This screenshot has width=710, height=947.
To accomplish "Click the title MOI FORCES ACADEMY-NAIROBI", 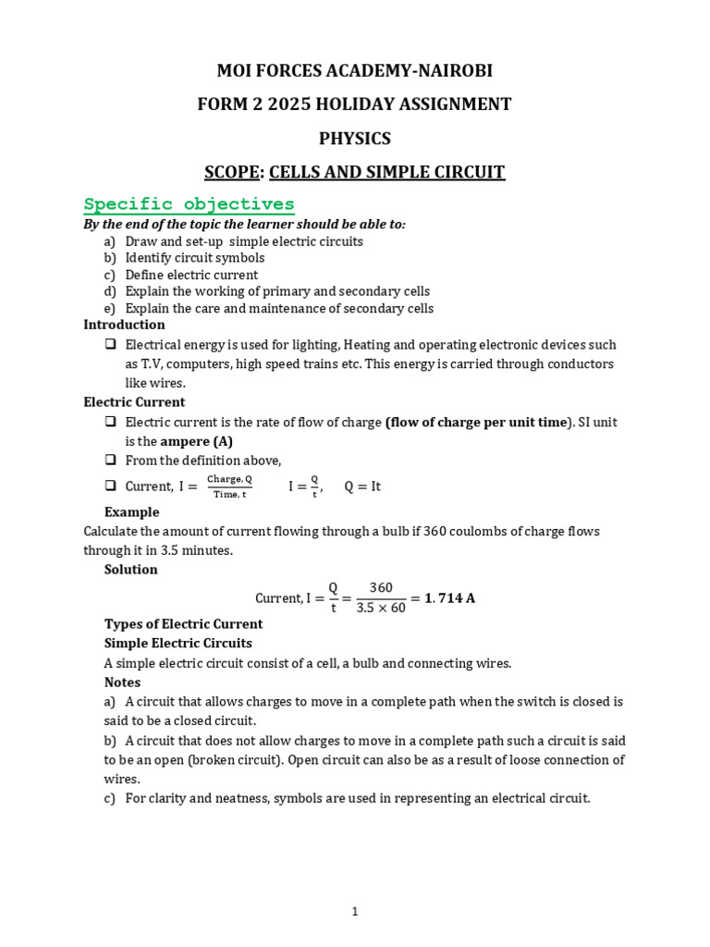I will pos(354,70).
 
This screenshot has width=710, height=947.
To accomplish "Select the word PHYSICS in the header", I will pos(354,139).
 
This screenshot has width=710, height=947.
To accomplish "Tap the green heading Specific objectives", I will pos(189,203).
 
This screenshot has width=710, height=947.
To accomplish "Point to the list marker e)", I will pos(110,309).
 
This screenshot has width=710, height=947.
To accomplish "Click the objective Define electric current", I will pos(191,275).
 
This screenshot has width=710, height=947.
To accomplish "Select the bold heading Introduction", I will pos(124,325).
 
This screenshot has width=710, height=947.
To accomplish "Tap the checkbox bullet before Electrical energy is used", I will pos(110,344).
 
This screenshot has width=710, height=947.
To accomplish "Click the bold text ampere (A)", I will pos(197,441).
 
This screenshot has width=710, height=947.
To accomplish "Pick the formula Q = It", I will pos(362,486).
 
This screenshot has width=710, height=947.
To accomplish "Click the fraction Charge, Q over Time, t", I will pos(228,486).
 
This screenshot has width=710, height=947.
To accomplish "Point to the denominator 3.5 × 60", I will pos(381,608).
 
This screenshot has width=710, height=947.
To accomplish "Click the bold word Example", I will pos(131,511).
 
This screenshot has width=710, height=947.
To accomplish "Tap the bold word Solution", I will pos(130,569).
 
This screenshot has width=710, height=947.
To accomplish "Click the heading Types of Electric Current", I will pos(183,623).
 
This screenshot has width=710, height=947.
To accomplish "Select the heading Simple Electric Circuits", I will pos(177,643).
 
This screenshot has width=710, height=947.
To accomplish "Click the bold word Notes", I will pos(122,682).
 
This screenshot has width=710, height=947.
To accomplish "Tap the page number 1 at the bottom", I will pos(355,911).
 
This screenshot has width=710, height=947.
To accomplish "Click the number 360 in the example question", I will pos(435,531).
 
